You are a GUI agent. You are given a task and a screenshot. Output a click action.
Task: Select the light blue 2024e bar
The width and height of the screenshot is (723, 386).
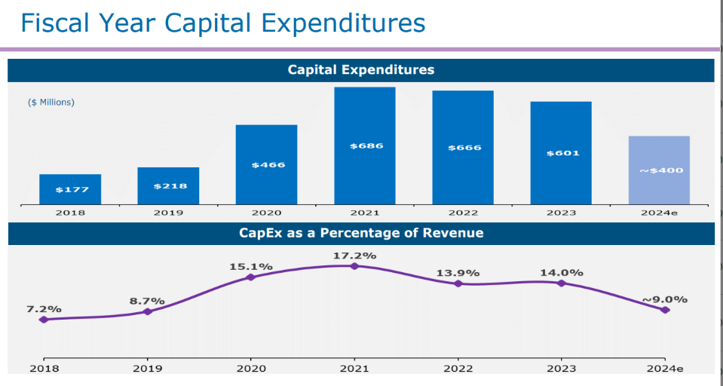click(x=659, y=170)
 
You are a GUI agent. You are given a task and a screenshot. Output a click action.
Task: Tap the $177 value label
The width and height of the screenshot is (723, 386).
click(x=71, y=189)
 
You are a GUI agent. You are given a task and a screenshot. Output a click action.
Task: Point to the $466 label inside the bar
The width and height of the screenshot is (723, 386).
click(x=267, y=164)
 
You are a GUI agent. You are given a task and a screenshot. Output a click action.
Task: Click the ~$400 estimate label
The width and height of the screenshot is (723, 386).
click(x=661, y=170)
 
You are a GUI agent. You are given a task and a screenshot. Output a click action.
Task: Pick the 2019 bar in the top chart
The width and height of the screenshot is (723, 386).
click(x=168, y=185)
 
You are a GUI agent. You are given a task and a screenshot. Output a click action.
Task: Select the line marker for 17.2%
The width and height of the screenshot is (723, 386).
click(x=354, y=265)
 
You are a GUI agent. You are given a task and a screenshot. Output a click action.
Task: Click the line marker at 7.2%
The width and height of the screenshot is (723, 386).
click(x=44, y=320)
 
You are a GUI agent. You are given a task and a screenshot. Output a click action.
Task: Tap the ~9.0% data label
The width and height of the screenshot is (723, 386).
click(x=665, y=299)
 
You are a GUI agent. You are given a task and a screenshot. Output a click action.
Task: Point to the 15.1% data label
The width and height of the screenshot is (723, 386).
click(x=251, y=267)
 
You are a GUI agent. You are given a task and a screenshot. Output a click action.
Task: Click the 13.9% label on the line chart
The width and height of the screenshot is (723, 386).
click(x=458, y=273)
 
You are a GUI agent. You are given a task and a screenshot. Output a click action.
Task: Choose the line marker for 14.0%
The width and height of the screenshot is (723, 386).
click(x=561, y=283)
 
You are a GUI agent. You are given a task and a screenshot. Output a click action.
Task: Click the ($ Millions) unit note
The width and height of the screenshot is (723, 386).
click(x=51, y=102)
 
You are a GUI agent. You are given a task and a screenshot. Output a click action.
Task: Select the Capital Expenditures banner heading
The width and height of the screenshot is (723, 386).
click(x=361, y=70)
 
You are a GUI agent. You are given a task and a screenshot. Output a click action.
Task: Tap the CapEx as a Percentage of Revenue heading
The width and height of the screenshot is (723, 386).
click(x=361, y=233)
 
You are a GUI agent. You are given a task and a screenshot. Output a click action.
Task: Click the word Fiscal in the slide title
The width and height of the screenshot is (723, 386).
click(x=52, y=23)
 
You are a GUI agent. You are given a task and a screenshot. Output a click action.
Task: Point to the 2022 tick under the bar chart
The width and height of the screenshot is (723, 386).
click(x=463, y=213)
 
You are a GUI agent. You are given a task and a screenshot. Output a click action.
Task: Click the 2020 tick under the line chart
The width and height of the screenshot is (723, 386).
click(x=251, y=369)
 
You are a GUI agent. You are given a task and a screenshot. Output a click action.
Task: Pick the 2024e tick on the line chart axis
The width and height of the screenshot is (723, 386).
click(x=664, y=369)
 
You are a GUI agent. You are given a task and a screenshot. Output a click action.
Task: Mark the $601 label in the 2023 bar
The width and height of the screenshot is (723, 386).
click(x=562, y=153)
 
